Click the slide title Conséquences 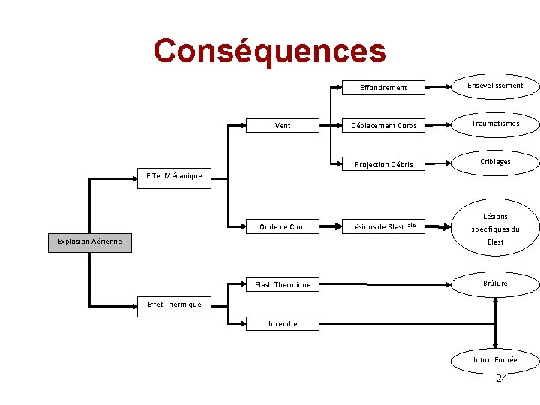coord(269,51)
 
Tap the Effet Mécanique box coord(174,176)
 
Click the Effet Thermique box coord(174,304)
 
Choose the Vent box coord(283,125)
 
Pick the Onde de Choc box coord(283,226)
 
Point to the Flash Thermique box coord(283,284)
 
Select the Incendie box coord(283,324)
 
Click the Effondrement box coord(383,87)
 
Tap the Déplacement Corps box coord(383,125)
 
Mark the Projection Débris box coord(383,164)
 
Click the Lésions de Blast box coord(383,226)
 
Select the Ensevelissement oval coord(495,85)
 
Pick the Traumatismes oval coord(495,124)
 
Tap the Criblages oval coord(495,162)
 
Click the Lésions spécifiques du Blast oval coord(495,229)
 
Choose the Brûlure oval coord(495,283)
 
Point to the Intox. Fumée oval coord(495,360)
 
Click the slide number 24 coord(502,378)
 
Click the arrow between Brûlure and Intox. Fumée coord(495,322)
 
